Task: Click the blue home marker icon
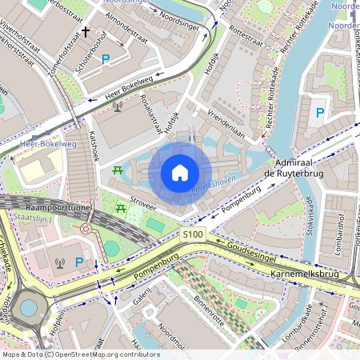tap(180, 173)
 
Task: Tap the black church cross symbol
tap(86, 32)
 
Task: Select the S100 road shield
tap(193, 234)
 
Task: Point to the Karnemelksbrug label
tap(307, 274)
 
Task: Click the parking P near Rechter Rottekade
tap(320, 113)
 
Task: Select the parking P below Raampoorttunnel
tap(78, 262)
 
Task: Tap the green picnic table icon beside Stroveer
tap(121, 209)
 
